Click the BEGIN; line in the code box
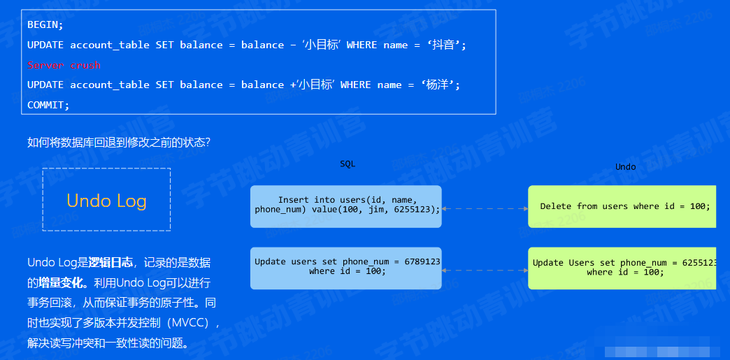pos(45,24)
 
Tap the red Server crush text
pos(64,65)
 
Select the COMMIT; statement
pos(48,105)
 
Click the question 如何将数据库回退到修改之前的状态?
pos(119,143)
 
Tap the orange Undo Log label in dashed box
pos(106,201)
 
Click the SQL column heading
pos(348,164)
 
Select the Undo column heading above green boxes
pos(625,166)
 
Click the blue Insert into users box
pos(346,206)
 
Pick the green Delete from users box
pos(622,206)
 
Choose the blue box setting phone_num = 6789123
pos(346,267)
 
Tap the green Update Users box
pos(622,267)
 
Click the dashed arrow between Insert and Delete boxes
pos(485,208)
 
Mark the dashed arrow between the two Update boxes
pos(485,270)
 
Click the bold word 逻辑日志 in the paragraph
pos(110,263)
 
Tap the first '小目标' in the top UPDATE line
pos(320,45)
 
